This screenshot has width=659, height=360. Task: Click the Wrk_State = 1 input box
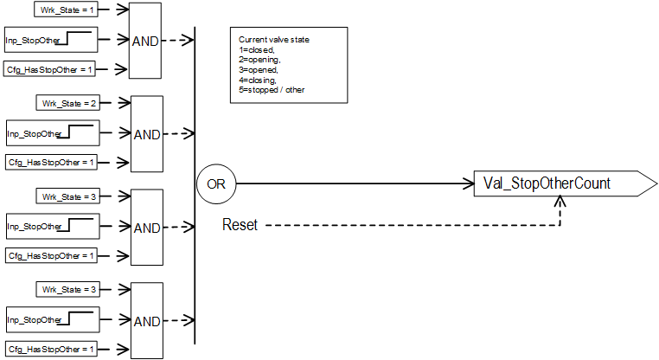(66, 10)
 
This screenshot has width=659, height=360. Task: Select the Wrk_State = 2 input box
(66, 103)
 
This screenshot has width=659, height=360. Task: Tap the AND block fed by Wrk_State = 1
(146, 41)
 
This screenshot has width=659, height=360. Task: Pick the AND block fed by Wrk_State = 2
(146, 134)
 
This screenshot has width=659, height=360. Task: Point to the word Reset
(240, 225)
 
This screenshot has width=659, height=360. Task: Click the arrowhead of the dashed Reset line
(562, 201)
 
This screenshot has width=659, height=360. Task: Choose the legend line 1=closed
(258, 50)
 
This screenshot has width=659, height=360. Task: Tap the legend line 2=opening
(260, 60)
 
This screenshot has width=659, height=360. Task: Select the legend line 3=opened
(259, 69)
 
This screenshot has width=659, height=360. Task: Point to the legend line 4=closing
(259, 79)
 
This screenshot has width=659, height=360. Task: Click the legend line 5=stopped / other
(272, 89)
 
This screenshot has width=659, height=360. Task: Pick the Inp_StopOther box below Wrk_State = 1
(51, 40)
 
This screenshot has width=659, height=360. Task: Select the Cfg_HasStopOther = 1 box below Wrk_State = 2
(51, 162)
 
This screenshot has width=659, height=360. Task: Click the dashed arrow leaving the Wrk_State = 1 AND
(179, 41)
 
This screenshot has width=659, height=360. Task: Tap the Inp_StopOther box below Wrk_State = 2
(51, 133)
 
